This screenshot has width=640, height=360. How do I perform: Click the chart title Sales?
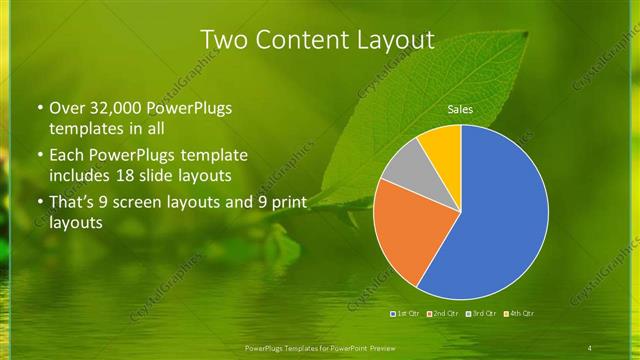tap(460, 109)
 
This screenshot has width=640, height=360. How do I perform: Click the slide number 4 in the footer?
tap(590, 347)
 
